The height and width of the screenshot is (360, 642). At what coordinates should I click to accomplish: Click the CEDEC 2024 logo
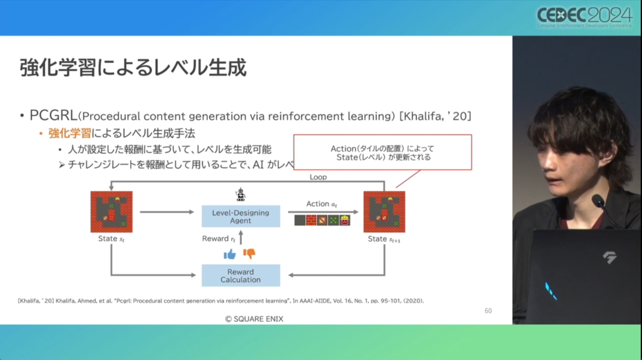[x=584, y=17]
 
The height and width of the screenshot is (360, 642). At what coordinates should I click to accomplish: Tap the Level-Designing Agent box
[x=240, y=216]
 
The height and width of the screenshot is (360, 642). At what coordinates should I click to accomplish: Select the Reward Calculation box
[x=240, y=275]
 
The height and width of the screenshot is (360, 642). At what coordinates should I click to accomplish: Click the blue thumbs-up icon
[x=229, y=254]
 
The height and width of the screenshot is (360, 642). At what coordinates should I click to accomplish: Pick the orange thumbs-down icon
[x=249, y=253]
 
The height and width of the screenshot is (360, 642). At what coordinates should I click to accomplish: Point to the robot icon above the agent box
[x=240, y=195]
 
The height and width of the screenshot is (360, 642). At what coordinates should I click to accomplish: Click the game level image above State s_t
[x=112, y=212]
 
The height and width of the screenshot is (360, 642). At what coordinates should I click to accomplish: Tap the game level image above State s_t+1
[x=384, y=212]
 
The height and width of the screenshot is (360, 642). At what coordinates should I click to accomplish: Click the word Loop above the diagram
[x=318, y=177]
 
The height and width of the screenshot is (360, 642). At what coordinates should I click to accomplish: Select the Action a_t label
[x=321, y=204]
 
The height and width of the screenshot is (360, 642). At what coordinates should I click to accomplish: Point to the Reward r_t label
[x=219, y=239]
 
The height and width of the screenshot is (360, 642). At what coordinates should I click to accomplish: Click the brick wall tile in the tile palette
[x=311, y=220]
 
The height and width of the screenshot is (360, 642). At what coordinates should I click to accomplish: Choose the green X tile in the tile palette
[x=333, y=220]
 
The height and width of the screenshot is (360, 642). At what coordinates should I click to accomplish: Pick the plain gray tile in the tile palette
[x=300, y=220]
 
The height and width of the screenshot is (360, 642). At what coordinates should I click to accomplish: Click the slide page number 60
[x=488, y=311]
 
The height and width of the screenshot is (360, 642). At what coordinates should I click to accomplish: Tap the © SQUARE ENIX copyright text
[x=254, y=319]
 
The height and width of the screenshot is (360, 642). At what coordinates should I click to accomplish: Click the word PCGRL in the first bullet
[x=53, y=116]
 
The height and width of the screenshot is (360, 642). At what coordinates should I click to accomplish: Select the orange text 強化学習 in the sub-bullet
[x=70, y=133]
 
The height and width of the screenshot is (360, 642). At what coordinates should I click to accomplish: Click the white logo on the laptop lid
[x=609, y=257]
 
